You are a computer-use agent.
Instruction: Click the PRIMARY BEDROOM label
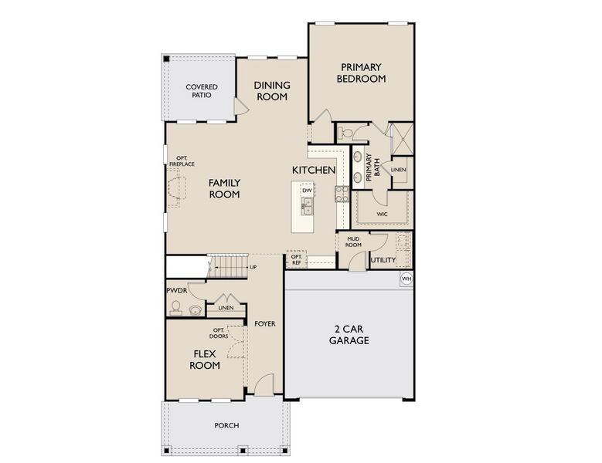[x=361, y=73]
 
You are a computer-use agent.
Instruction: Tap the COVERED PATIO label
[x=201, y=92]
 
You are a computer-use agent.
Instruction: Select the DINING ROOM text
[x=271, y=91]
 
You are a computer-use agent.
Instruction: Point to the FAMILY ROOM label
[x=224, y=188]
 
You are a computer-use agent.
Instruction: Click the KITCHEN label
[x=313, y=170]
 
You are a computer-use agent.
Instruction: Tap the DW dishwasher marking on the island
[x=307, y=190]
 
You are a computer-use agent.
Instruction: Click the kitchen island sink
[x=307, y=205]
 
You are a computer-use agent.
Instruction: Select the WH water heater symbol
[x=406, y=278]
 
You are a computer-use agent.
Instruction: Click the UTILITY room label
[x=383, y=260]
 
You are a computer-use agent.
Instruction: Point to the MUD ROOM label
[x=354, y=242]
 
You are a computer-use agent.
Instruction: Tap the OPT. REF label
[x=296, y=260]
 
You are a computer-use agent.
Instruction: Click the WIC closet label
[x=382, y=214]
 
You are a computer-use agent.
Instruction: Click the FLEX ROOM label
[x=206, y=360]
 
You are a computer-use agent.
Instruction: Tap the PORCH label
[x=226, y=425]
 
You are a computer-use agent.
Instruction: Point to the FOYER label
[x=265, y=324]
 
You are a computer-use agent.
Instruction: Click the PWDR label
[x=176, y=291]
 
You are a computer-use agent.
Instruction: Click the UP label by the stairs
[x=253, y=267]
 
